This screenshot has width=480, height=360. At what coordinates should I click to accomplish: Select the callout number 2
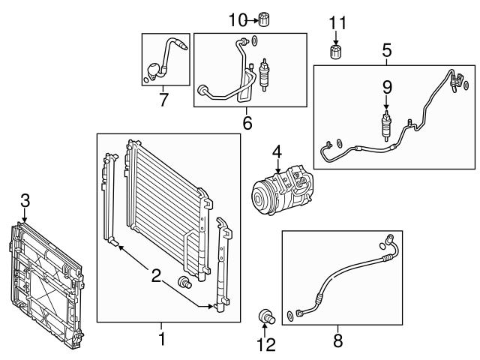tap(156, 277)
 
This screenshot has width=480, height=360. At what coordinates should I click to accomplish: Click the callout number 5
tap(386, 51)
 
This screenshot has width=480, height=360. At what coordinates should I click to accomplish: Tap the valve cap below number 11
tap(337, 52)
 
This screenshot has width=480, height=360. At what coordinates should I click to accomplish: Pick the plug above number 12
tap(265, 315)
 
